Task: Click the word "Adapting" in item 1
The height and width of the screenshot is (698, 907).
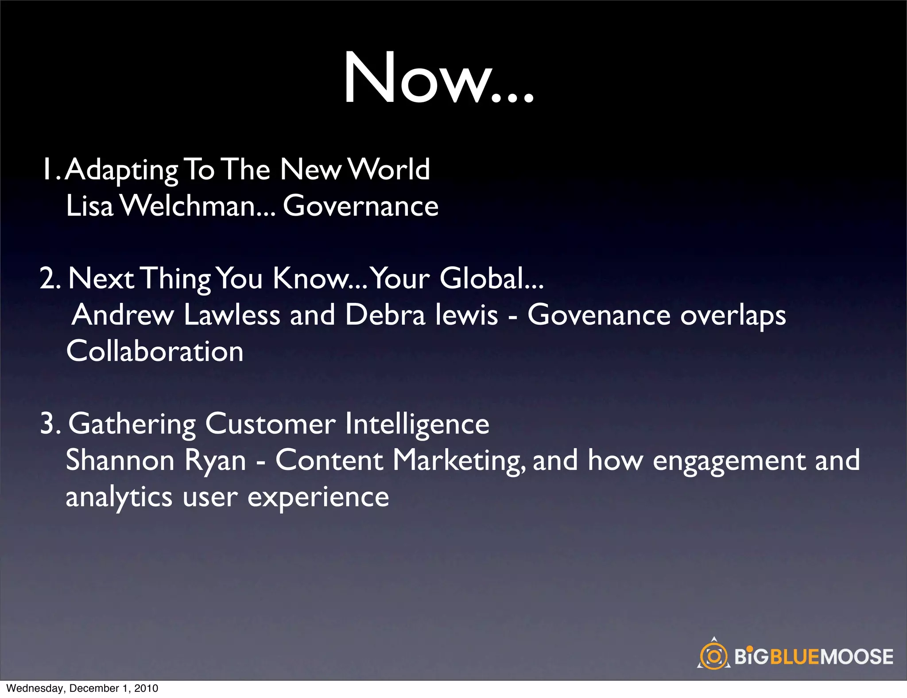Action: click(121, 171)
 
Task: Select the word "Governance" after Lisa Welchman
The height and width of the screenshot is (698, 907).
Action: click(360, 206)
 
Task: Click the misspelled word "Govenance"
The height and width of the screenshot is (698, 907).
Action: click(599, 315)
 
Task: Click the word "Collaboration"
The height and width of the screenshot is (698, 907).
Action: click(155, 352)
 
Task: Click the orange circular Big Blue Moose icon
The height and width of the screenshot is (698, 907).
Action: click(713, 656)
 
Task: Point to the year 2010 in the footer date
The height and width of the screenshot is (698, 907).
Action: click(146, 688)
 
